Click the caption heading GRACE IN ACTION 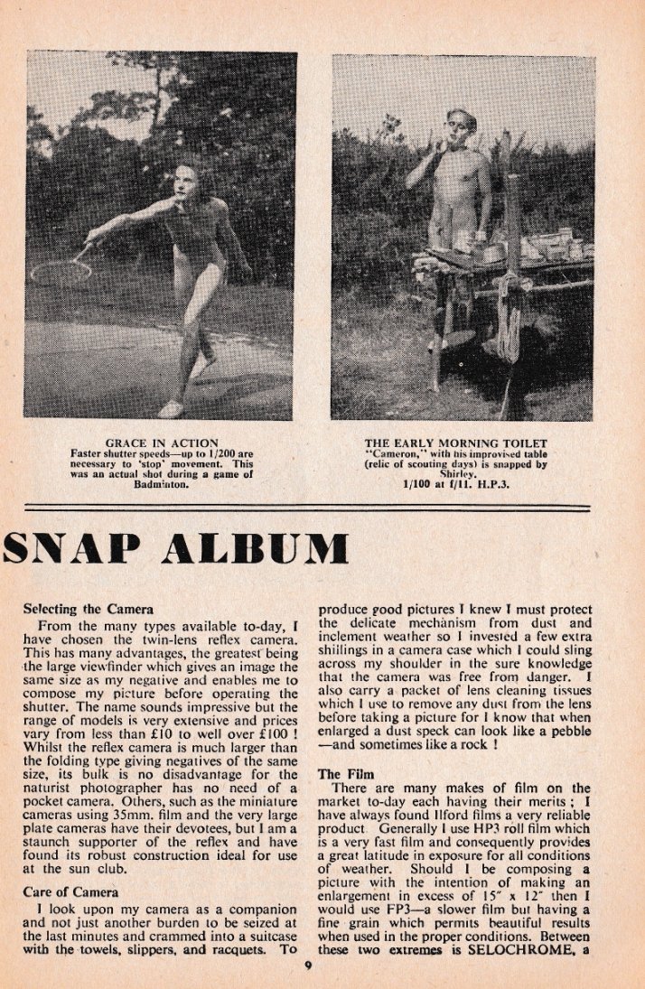[159, 443]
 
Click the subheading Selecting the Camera [88, 609]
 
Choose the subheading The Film [341, 774]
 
